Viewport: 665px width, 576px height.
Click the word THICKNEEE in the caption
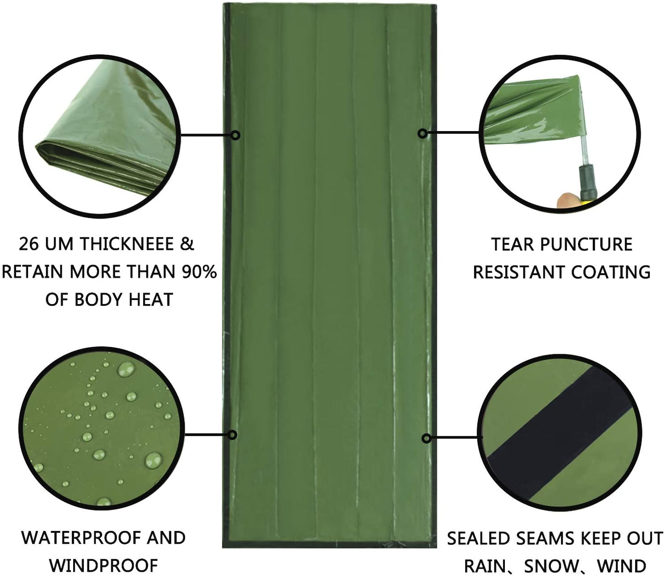(127, 244)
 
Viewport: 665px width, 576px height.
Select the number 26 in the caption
(29, 244)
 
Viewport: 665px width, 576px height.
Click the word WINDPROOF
(104, 565)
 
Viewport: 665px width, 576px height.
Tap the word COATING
(611, 272)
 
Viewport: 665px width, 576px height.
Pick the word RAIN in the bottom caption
(486, 566)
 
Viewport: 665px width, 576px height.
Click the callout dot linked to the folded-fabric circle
(236, 135)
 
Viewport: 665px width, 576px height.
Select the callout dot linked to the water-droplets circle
(232, 435)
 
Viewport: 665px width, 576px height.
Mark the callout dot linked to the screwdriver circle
(423, 133)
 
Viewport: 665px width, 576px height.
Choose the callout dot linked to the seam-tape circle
(427, 438)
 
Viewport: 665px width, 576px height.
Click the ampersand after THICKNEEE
(187, 244)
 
